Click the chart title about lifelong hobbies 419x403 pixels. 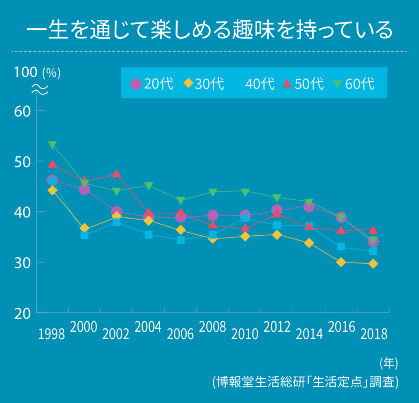click(210, 30)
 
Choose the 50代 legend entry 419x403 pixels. click(303, 84)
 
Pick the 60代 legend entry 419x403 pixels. click(354, 84)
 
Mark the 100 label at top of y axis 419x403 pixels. click(23, 73)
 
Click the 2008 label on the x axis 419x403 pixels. click(213, 328)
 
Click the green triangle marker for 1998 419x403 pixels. click(52, 145)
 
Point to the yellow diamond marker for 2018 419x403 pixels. click(373, 264)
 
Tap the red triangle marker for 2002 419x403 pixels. click(117, 173)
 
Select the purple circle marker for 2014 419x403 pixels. click(309, 206)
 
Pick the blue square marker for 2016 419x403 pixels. click(341, 246)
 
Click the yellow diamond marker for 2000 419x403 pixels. click(84, 228)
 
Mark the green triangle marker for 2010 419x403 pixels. click(245, 191)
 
